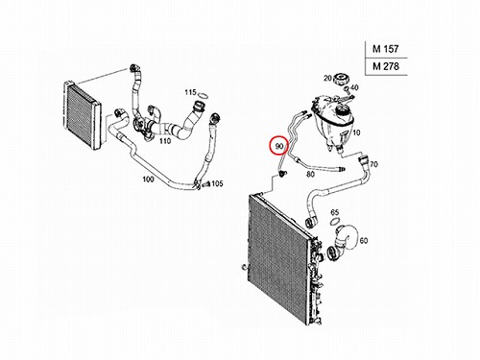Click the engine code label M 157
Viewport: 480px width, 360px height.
[385, 49]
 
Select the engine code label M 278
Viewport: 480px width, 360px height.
[386, 66]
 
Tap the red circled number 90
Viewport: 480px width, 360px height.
[279, 146]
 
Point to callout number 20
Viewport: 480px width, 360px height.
[327, 78]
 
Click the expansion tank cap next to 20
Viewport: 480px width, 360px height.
[340, 79]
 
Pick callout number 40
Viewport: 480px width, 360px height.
[354, 87]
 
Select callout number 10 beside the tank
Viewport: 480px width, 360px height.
[356, 132]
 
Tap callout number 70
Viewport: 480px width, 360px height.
[373, 164]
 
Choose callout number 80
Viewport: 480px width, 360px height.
[310, 175]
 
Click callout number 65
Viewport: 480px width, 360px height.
[334, 212]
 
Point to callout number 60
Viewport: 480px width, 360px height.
[364, 240]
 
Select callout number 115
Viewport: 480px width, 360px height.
[190, 92]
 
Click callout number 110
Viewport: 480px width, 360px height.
[165, 140]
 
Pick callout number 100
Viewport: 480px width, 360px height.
[148, 180]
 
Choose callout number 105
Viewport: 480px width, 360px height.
[217, 183]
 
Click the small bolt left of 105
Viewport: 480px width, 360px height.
[205, 184]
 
